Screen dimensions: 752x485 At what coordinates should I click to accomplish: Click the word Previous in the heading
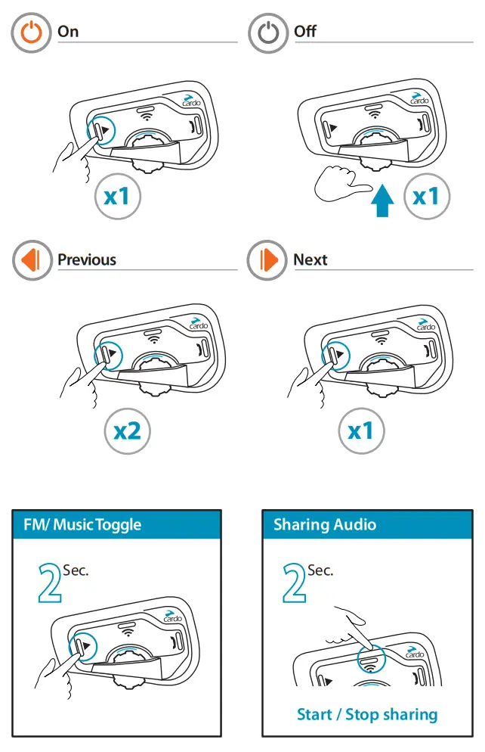pyautogui.click(x=87, y=260)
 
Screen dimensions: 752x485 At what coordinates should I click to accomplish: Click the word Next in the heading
pyautogui.click(x=310, y=260)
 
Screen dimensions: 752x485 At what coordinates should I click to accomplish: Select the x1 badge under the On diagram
pyautogui.click(x=117, y=197)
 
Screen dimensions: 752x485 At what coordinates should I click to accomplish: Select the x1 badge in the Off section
pyautogui.click(x=426, y=197)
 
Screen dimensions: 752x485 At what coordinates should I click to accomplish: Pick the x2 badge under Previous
pyautogui.click(x=127, y=432)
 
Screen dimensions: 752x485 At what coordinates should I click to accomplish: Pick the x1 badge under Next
pyautogui.click(x=361, y=432)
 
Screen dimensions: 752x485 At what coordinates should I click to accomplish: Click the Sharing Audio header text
pyautogui.click(x=325, y=525)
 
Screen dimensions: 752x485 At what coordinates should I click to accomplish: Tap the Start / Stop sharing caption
pyautogui.click(x=367, y=714)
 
